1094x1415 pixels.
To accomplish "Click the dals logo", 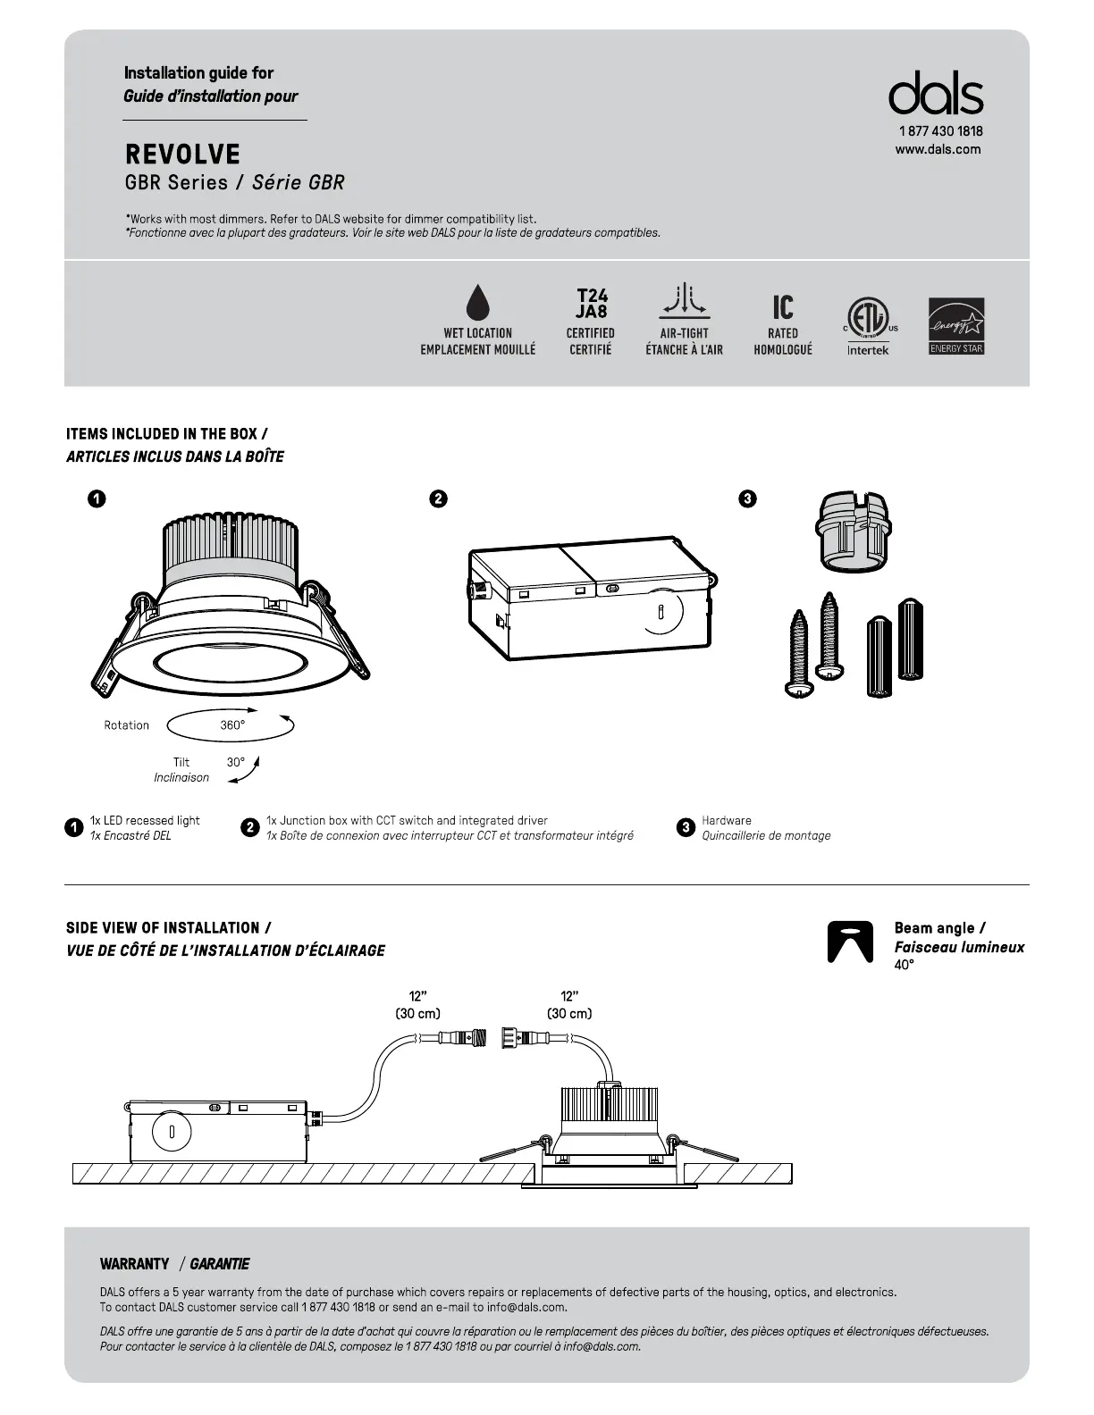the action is pos(936,94).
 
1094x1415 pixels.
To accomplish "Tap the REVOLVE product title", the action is pos(183,155).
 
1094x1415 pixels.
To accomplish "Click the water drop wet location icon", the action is pos(478,302).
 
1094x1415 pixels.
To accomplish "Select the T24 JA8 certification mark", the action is pos(591,304).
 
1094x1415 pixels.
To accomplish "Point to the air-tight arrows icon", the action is pos(685,301).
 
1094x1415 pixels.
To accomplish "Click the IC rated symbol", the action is pos(783,307).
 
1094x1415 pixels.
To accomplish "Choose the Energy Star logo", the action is pos(956,325).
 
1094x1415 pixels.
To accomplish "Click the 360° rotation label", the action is pos(232,725).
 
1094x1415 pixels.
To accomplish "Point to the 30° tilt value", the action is pos(235,762).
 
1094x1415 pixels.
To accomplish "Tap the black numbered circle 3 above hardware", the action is pos(748,498).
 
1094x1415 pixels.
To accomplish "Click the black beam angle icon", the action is pos(850,942).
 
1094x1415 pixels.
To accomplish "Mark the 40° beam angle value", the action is pos(905,965).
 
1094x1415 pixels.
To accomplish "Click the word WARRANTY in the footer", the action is pos(135,1264).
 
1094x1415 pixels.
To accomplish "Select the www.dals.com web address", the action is pos(938,149).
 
